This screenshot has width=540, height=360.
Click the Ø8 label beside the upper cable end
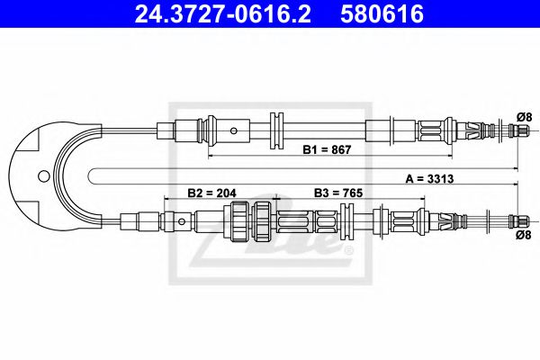pos(525,116)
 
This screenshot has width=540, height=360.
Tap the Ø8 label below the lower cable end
pos(525,235)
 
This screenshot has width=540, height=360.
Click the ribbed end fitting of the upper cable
pos(519,130)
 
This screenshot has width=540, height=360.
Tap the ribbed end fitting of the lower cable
pos(519,219)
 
